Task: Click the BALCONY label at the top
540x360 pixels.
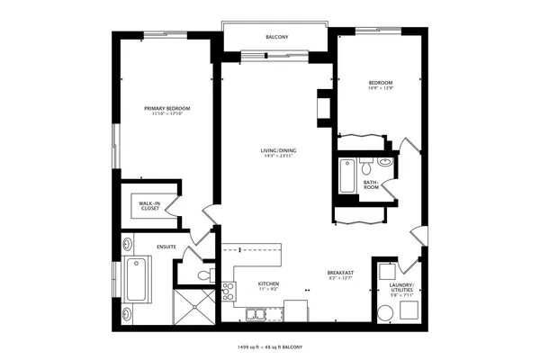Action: [276, 37]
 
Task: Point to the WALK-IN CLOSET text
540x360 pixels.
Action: [149, 206]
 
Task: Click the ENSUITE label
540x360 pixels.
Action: [166, 246]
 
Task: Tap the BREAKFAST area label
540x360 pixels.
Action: [339, 273]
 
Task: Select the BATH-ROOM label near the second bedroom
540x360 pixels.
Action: [371, 184]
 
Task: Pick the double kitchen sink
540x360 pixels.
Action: [256, 314]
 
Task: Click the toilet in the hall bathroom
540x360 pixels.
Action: [366, 166]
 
